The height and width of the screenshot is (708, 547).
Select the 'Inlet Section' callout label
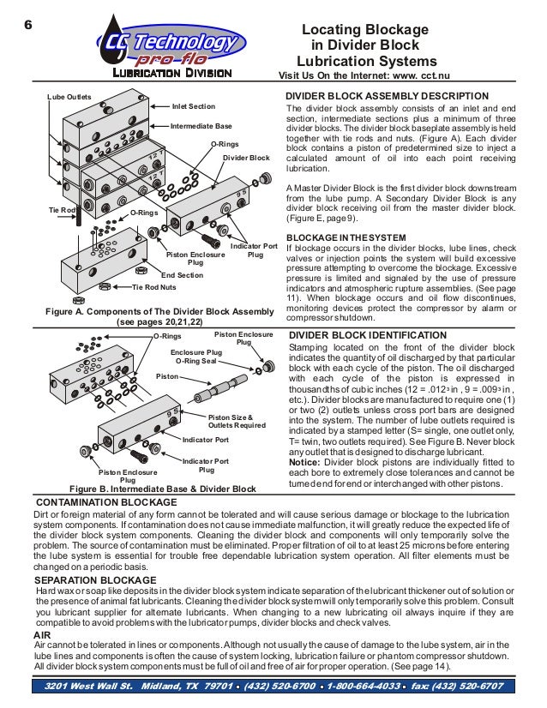click(194, 106)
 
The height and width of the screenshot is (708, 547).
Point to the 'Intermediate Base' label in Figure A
click(201, 125)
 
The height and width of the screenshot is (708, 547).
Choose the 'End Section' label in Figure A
click(183, 274)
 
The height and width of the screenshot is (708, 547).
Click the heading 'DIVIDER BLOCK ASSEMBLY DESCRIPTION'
click(387, 96)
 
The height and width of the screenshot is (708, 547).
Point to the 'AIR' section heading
click(41, 635)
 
